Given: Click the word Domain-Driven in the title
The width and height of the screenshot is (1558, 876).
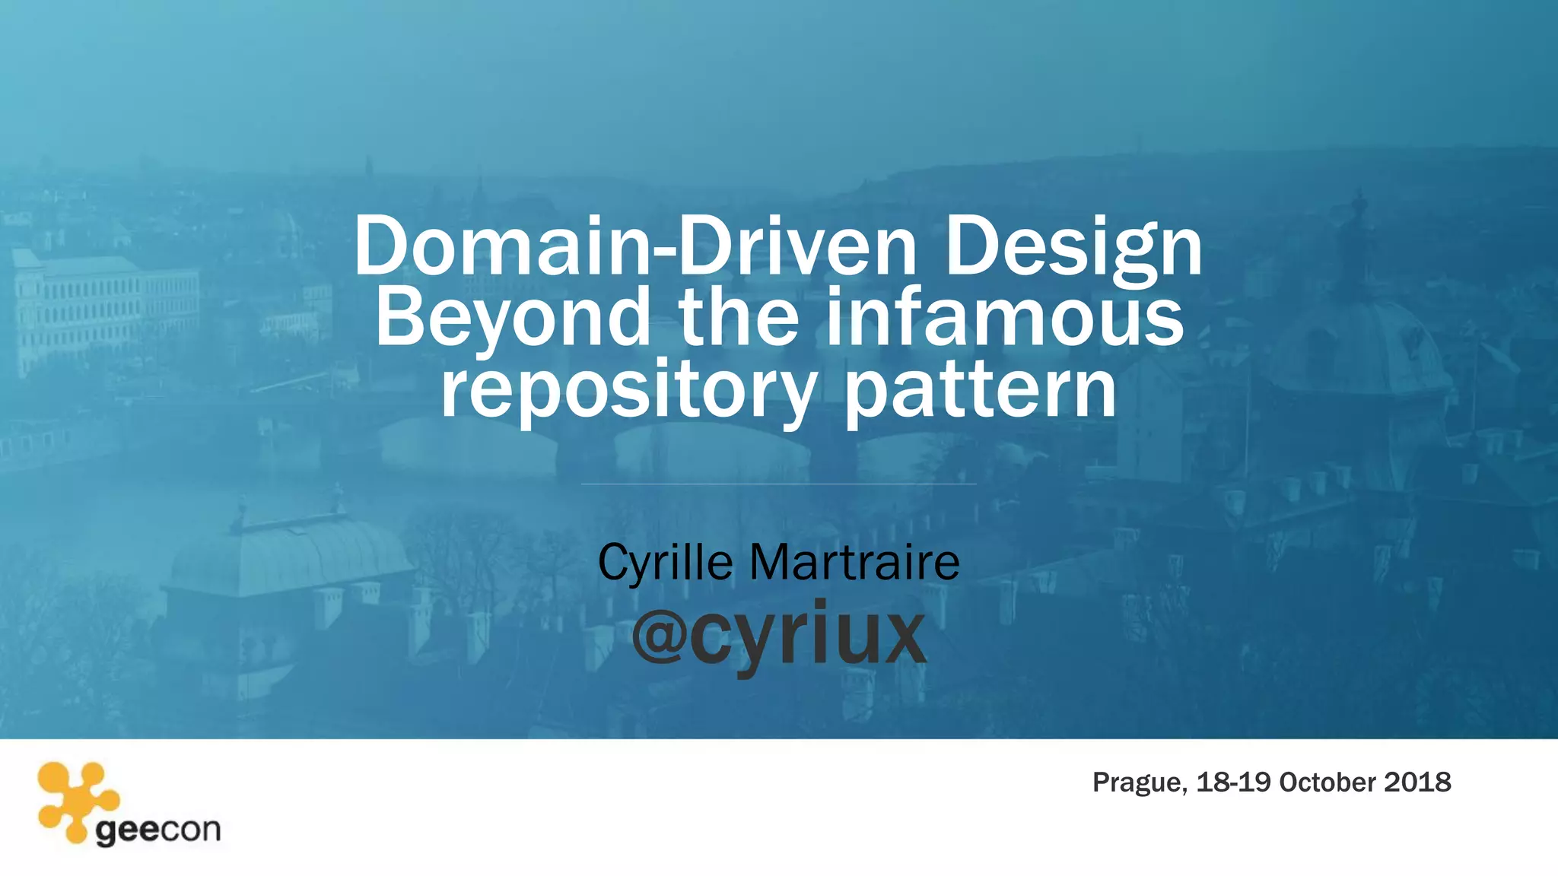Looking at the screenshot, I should pyautogui.click(x=635, y=246).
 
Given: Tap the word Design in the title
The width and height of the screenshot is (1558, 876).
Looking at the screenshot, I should pyautogui.click(x=1073, y=246).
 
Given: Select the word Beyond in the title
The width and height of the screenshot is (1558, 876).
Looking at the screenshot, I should pyautogui.click(x=512, y=318).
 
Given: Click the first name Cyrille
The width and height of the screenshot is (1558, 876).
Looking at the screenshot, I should pyautogui.click(x=665, y=563).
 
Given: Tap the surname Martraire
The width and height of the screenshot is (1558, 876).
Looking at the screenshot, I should pyautogui.click(x=854, y=563).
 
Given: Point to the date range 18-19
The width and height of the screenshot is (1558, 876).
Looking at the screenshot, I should pyautogui.click(x=1233, y=782).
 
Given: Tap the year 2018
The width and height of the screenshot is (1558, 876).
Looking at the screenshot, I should pyautogui.click(x=1417, y=782).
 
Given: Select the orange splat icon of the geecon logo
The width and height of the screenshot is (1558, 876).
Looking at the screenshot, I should pyautogui.click(x=77, y=799).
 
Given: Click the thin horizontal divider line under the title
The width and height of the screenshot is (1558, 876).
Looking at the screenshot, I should pyautogui.click(x=778, y=484).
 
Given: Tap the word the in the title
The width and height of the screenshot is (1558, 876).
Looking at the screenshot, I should pyautogui.click(x=739, y=318).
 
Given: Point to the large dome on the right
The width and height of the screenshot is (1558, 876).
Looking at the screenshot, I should pyautogui.click(x=1362, y=342).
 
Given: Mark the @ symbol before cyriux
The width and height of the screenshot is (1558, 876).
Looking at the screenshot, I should pyautogui.click(x=659, y=636).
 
